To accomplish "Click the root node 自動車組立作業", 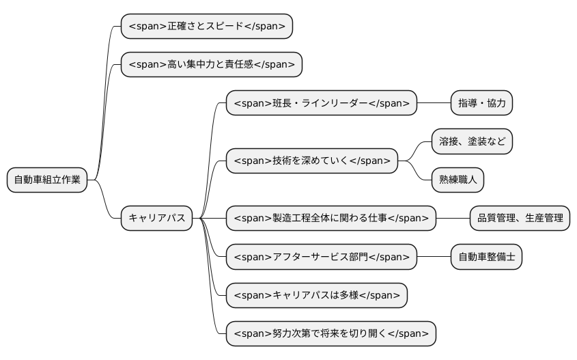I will click(x=47, y=180).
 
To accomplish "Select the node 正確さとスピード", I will click(x=206, y=27).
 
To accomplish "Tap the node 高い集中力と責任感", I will click(x=211, y=65).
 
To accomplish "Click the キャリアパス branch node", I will click(x=156, y=218).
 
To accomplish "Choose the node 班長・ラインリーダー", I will click(x=321, y=103).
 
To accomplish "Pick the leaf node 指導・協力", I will click(x=481, y=103).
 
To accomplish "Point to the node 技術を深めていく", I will click(x=311, y=161).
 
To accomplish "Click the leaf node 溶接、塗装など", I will click(x=472, y=141).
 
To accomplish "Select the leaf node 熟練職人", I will click(x=458, y=180).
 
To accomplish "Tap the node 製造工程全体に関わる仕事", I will click(x=330, y=218).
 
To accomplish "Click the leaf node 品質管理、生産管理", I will click(x=520, y=218).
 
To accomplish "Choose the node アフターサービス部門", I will click(x=321, y=256).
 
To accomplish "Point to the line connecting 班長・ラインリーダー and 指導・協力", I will click(x=434, y=103).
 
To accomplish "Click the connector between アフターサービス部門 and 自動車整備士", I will click(x=434, y=256).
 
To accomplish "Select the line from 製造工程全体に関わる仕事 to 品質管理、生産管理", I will click(x=453, y=218).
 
